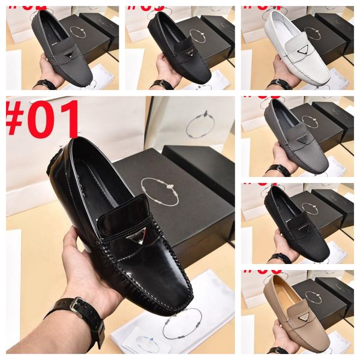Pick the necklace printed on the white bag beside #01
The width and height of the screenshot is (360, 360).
point(200,125)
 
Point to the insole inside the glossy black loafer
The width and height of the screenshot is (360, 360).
point(96,180)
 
